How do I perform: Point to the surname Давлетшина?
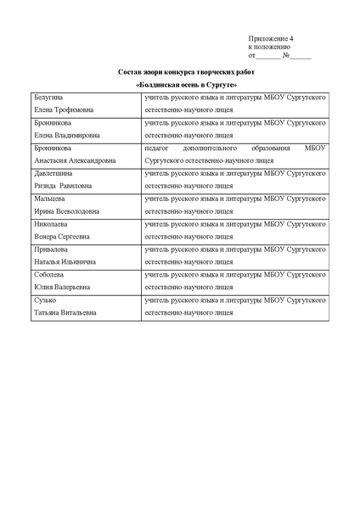[x=55, y=172]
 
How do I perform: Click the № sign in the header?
[x=286, y=56]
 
